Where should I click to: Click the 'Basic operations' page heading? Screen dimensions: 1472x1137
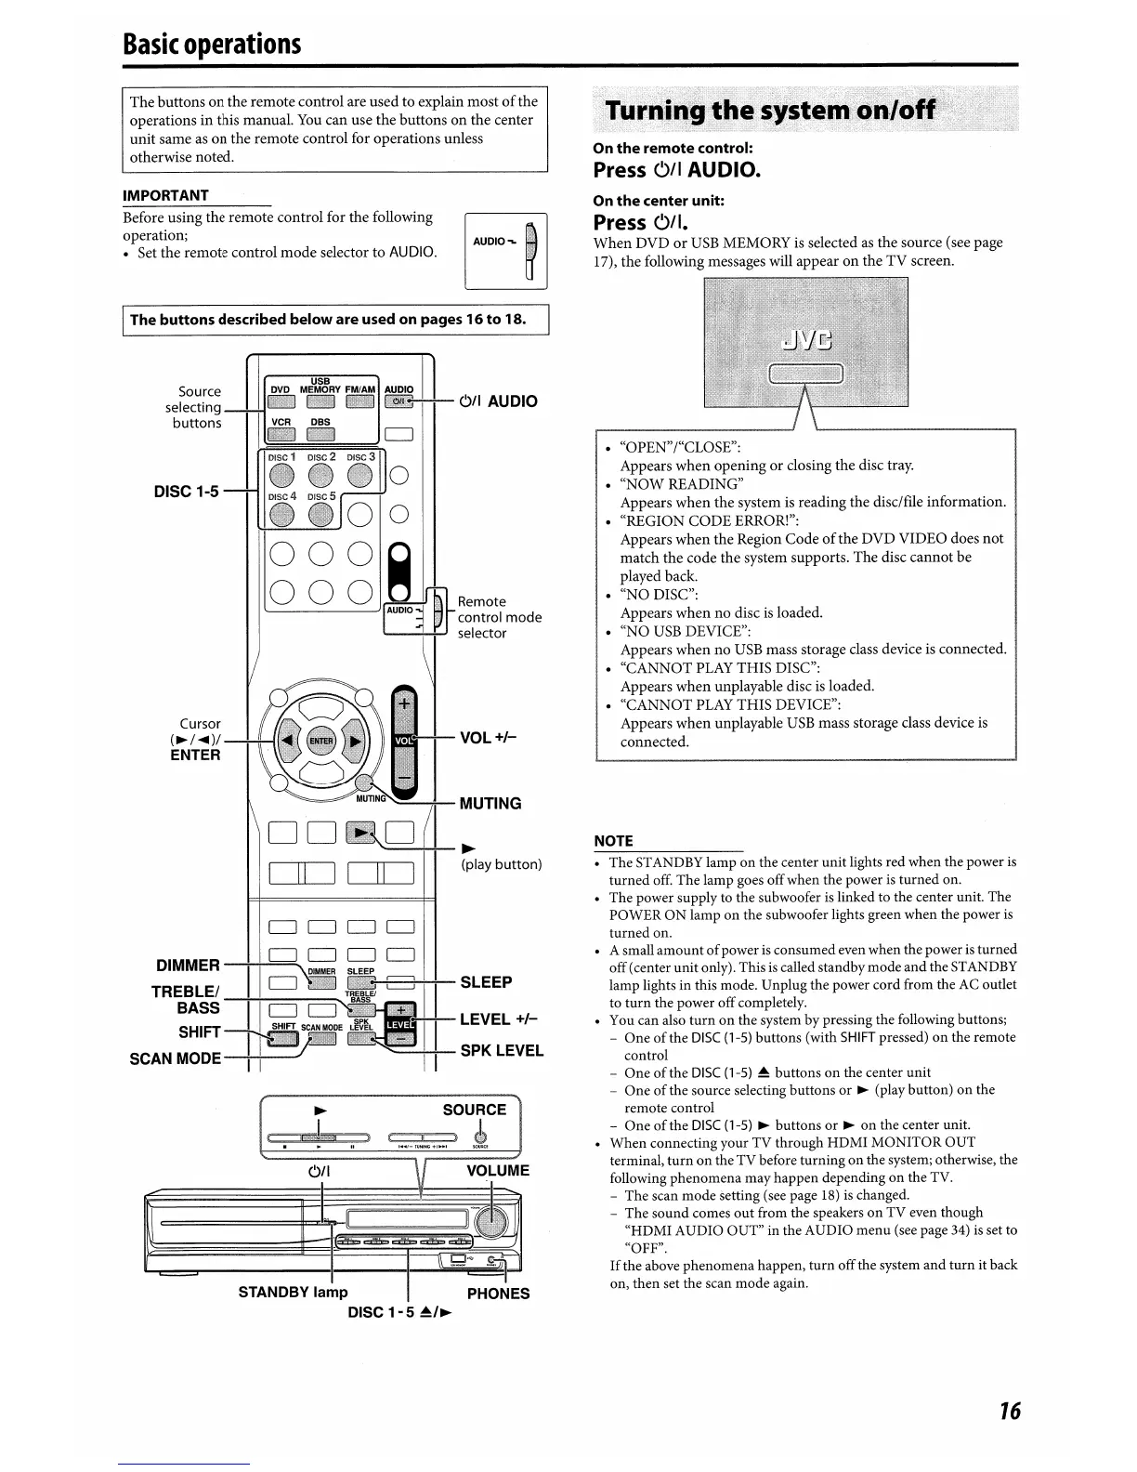point(213,43)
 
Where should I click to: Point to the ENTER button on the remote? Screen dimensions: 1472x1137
point(320,741)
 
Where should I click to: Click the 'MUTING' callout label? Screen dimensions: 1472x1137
point(490,803)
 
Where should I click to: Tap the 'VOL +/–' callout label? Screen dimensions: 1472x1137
point(489,738)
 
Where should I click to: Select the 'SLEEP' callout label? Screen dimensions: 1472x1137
point(486,982)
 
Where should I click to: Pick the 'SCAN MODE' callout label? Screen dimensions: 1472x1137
point(176,1058)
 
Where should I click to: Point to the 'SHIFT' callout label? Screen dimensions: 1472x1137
point(200,1032)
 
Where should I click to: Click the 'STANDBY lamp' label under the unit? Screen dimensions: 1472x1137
point(293,1292)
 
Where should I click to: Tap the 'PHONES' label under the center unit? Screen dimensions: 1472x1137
point(498,1294)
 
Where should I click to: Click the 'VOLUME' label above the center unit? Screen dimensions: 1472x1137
point(497,1170)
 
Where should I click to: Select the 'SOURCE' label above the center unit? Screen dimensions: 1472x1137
point(474,1110)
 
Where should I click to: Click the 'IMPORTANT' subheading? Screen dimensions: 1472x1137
point(165,195)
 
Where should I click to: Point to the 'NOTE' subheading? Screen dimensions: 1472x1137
point(613,841)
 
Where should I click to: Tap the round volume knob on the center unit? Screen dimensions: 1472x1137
point(490,1221)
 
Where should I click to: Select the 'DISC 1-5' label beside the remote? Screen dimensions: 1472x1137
point(186,491)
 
